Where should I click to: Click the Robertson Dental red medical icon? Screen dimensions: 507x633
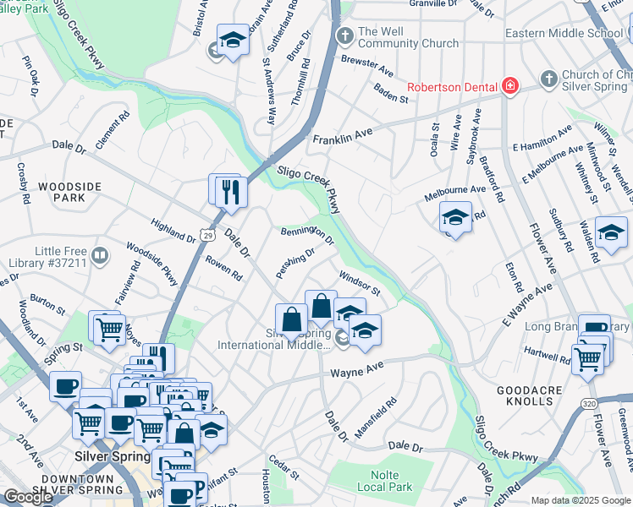point(509,85)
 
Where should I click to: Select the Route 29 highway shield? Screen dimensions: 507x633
point(207,231)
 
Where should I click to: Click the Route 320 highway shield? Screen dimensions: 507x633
point(589,404)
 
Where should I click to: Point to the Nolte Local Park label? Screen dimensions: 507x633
point(384,481)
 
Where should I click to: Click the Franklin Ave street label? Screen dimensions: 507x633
point(343,136)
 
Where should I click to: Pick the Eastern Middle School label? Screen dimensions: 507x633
point(564,33)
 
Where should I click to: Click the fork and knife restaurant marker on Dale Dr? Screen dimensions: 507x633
point(229,191)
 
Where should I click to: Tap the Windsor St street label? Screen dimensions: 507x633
point(360,283)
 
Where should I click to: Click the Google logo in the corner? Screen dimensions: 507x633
point(28,497)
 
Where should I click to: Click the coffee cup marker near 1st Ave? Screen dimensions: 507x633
point(64,387)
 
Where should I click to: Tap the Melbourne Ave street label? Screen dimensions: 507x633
point(455,189)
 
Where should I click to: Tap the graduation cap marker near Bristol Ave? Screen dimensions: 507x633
point(233,40)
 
